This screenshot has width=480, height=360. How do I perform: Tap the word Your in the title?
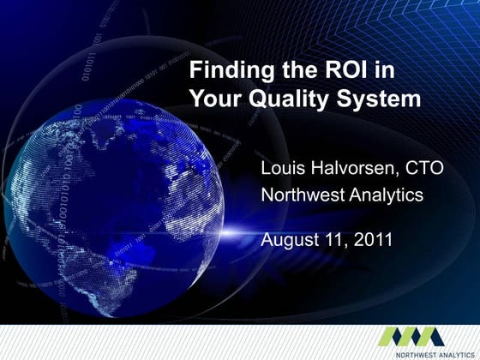(214, 99)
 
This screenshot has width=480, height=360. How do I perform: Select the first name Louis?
(283, 168)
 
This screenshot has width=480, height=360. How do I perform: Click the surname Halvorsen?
(353, 168)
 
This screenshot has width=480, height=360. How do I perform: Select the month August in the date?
(289, 240)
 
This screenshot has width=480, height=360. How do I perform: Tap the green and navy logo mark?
(411, 335)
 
